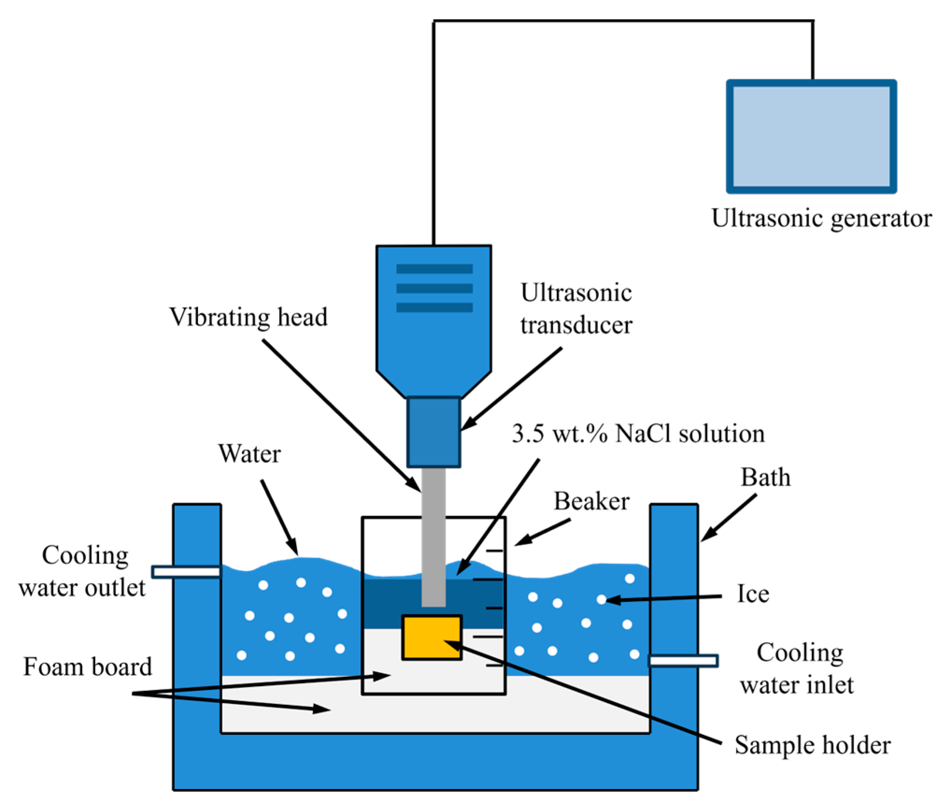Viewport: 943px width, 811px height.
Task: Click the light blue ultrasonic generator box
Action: coord(811,136)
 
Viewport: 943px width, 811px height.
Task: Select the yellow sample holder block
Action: coord(432,637)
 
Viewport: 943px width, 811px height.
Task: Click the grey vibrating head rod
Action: coord(433,538)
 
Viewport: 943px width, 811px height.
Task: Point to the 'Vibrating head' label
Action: coord(248,317)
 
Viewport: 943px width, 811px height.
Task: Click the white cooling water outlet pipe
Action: coord(186,572)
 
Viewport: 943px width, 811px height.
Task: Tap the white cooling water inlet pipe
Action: coord(683,660)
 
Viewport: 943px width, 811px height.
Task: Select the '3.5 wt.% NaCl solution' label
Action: coord(638,434)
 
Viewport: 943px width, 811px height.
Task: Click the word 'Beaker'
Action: coord(591,502)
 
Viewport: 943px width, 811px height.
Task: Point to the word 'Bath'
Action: coord(766,477)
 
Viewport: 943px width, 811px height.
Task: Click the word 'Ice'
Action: coord(752,594)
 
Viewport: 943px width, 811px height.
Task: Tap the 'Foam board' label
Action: coord(88,667)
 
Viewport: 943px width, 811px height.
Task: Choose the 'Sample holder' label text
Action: coord(812,745)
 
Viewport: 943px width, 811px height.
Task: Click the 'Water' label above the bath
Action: coord(249,454)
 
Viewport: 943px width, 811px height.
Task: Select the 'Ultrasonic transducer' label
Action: coord(576,309)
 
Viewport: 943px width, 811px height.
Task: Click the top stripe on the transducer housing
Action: coord(434,269)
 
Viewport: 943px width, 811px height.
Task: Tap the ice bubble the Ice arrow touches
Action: coord(602,599)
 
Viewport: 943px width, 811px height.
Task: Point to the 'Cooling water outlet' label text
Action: coord(83,571)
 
